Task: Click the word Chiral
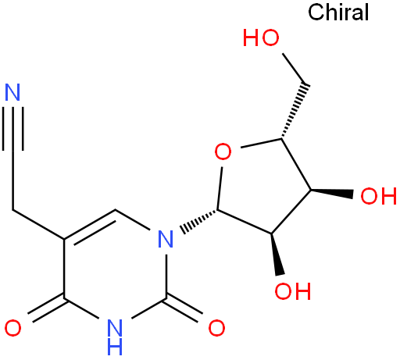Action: pos(338,12)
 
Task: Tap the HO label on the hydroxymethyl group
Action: pos(261,38)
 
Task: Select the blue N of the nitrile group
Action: pos(12,92)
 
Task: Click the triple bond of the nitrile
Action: pos(12,128)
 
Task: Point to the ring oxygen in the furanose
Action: pos(223,151)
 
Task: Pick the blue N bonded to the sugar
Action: pos(166,239)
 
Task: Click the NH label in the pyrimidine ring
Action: pos(115,337)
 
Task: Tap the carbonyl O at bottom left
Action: pos(12,328)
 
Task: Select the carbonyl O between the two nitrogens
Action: pos(216,328)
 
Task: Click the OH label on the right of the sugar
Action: pos(378,196)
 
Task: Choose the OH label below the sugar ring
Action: pos(293,290)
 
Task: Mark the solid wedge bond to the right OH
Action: pos(332,192)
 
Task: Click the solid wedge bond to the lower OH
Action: pos(276,254)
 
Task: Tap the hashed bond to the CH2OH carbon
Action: pos(295,111)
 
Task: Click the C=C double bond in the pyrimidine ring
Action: pos(90,226)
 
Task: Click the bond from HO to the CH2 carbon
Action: pos(295,69)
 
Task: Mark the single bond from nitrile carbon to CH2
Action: pos(12,180)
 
